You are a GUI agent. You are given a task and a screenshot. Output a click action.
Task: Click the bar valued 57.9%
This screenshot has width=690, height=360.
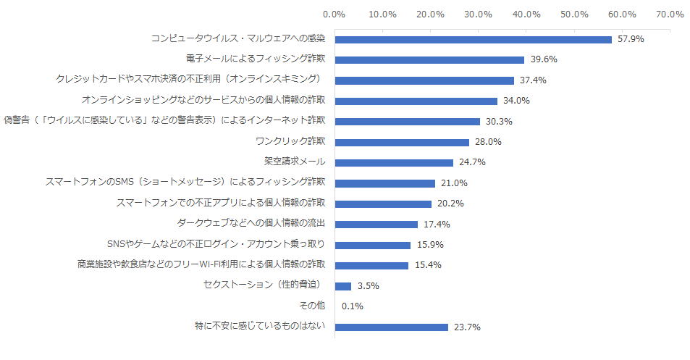(x=473, y=39)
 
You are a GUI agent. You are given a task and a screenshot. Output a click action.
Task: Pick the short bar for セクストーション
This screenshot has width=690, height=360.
(x=342, y=286)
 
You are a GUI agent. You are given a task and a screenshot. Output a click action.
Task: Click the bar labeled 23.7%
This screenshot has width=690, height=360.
(x=391, y=327)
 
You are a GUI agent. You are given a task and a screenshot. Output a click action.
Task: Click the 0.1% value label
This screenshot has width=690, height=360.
(x=352, y=306)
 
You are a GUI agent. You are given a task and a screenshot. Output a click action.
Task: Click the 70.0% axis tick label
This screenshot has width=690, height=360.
(x=670, y=14)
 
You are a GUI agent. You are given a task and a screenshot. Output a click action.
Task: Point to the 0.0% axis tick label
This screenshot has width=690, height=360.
(x=334, y=14)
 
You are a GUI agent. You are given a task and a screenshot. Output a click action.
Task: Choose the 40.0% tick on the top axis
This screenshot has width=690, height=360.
(x=526, y=14)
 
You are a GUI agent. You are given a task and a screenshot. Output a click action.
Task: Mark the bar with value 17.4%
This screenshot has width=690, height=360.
(x=376, y=225)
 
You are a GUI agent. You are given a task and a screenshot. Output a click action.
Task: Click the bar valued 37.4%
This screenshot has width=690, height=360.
(x=424, y=80)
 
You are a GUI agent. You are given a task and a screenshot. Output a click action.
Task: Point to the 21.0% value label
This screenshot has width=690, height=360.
(x=453, y=183)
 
